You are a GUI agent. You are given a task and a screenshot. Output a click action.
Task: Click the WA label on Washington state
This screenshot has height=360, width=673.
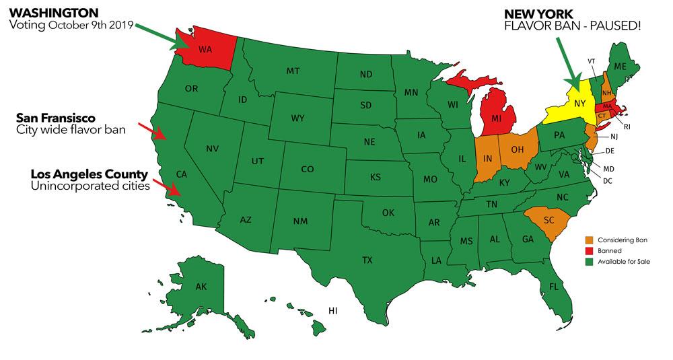[x=205, y=48]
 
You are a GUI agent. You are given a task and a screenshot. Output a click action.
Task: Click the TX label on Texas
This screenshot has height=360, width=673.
[x=367, y=260]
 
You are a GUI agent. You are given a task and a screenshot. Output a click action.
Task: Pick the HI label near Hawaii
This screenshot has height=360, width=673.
[x=332, y=310]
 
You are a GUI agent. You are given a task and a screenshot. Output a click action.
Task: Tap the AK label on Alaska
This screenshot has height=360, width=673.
[x=201, y=287]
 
